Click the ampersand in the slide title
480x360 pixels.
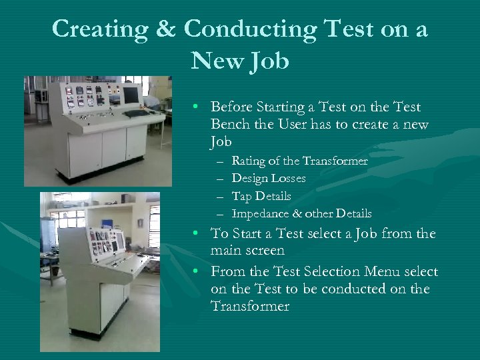pyautogui.click(x=170, y=29)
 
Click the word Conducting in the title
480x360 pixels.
pyautogui.click(x=249, y=30)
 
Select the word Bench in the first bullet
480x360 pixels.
pyautogui.click(x=229, y=125)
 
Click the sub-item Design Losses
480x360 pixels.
pyautogui.click(x=269, y=179)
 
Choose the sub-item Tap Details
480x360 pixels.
pyautogui.click(x=261, y=196)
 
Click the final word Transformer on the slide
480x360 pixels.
pyautogui.click(x=250, y=307)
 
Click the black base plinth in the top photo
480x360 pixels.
pyautogui.click(x=100, y=175)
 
